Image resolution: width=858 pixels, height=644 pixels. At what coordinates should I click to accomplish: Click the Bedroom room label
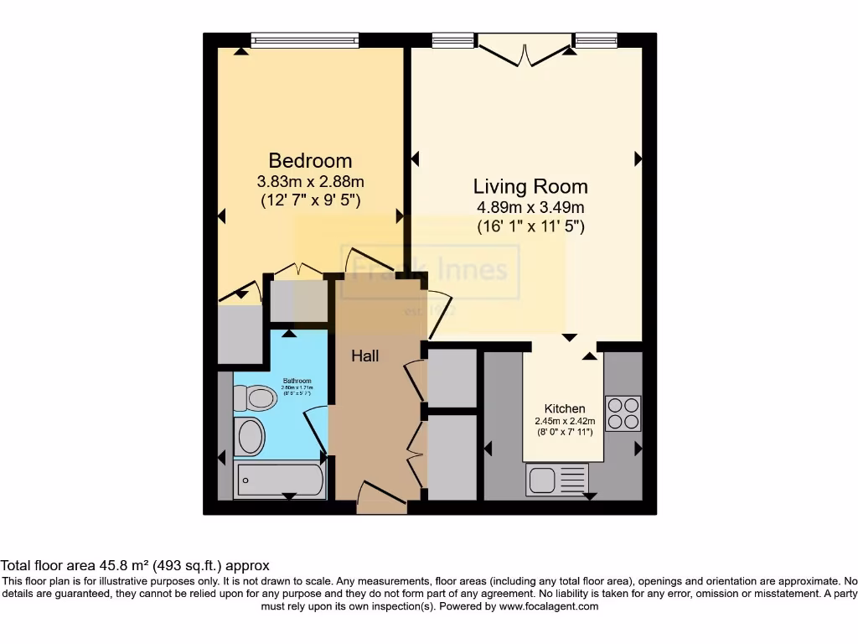310,160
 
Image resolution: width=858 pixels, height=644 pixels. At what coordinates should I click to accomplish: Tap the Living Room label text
530,186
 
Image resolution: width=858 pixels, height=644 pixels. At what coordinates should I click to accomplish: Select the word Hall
364,356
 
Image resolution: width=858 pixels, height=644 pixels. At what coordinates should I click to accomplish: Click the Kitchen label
565,408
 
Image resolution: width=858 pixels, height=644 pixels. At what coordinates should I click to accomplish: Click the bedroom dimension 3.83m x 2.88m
310,181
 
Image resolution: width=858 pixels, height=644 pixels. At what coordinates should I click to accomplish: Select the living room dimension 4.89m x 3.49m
530,207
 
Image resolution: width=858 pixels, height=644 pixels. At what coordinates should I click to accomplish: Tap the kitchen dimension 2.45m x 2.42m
565,421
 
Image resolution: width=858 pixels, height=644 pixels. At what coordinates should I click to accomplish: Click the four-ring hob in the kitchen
623,413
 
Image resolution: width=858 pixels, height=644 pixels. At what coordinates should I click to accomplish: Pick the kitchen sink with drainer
557,480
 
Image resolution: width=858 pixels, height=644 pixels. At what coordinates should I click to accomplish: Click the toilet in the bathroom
256,397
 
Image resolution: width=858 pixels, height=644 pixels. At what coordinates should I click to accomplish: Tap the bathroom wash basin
250,436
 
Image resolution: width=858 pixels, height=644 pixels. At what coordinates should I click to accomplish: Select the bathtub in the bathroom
279,480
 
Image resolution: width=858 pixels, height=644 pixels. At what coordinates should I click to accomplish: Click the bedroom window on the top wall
305,39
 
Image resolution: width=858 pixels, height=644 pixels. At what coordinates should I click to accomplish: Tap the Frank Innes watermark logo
429,271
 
